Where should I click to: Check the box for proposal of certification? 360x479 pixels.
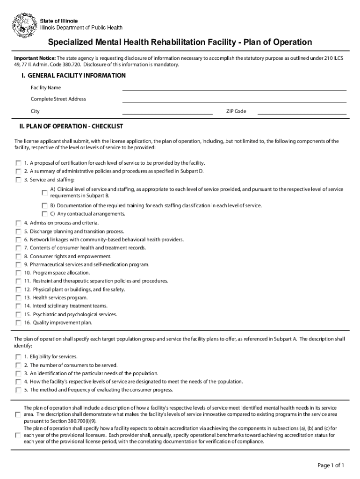(x=18, y=163)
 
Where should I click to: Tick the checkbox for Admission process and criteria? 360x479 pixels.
(x=18, y=223)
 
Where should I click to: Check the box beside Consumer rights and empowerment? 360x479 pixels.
(x=18, y=256)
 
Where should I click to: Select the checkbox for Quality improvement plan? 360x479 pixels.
(x=18, y=323)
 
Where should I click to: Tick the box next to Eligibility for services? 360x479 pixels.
(x=18, y=357)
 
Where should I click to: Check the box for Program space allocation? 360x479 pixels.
(x=18, y=273)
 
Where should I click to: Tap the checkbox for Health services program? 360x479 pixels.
(x=18, y=298)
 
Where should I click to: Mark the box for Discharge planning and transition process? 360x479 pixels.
(x=18, y=232)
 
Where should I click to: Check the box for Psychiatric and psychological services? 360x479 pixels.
(x=18, y=314)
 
